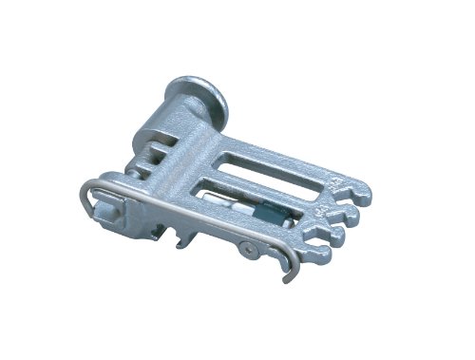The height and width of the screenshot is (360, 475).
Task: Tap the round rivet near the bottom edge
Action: [x=248, y=249]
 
